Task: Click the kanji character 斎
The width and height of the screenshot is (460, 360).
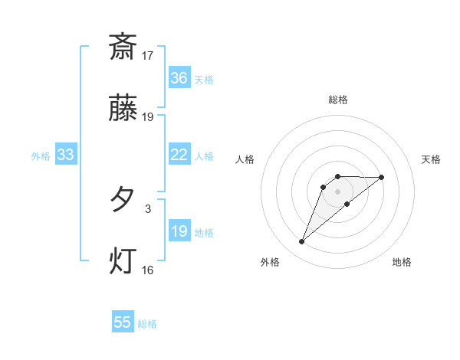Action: coord(123,47)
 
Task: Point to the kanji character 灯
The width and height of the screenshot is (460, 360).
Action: coord(123,260)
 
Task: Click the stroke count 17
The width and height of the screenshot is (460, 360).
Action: coord(148,55)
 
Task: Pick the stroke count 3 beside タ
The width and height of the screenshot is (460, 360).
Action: coord(148,208)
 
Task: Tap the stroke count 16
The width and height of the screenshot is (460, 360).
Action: coord(148,270)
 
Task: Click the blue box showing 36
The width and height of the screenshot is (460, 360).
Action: coord(179,78)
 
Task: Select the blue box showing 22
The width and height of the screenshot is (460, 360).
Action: coord(179,155)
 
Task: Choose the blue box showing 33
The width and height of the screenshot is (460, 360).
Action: coord(65,155)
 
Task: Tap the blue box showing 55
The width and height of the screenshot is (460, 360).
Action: coord(123,322)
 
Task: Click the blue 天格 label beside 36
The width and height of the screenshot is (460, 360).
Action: coord(204,79)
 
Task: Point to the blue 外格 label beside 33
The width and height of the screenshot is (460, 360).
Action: coord(41,155)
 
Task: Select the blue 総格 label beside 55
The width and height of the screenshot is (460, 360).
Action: coord(147,323)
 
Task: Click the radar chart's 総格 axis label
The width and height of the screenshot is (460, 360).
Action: coord(337,100)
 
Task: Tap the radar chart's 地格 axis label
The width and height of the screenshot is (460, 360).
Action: coord(402,262)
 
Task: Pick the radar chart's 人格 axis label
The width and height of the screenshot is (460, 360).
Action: coord(245,159)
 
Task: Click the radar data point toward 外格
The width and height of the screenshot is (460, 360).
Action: coord(301,242)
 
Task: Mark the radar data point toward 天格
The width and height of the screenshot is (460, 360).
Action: coord(382,177)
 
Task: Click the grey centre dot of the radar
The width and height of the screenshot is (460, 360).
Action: coord(337,191)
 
